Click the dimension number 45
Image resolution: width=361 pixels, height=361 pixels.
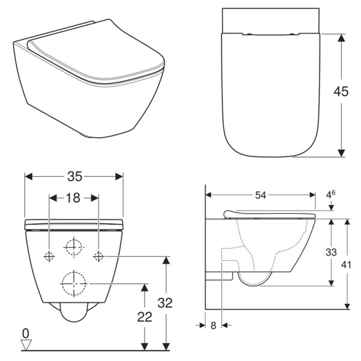coord(341,91)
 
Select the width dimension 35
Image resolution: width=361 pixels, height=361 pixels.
coord(75,176)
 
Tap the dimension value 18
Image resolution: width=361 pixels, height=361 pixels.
coord(73,198)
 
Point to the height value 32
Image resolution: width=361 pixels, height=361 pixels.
coord(165,303)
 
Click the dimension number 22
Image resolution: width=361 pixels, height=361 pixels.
coord(145,317)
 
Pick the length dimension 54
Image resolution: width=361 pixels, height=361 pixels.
coord(261,195)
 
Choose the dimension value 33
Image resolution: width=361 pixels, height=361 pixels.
coord(331,252)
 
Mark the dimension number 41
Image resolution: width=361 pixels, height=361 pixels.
coord(346,265)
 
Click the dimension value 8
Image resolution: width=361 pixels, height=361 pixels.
coord(214,326)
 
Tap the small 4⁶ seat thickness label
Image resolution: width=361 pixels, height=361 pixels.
coord(330,194)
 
